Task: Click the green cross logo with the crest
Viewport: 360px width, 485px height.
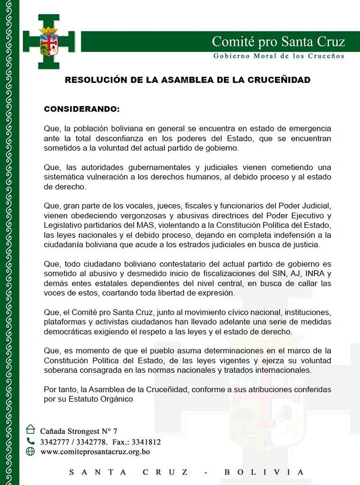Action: coord(49,42)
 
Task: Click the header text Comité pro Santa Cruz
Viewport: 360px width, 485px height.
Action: coord(278,41)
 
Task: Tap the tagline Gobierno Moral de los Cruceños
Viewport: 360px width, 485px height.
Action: coord(278,56)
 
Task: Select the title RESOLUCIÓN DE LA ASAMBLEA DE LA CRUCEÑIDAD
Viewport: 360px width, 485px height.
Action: coord(188,80)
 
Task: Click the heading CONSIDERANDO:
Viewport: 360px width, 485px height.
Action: coord(82,109)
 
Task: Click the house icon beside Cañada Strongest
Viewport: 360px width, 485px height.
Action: coord(30,429)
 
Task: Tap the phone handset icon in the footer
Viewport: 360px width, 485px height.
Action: coord(30,441)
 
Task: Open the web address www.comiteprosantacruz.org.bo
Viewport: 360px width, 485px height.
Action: coord(95,452)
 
